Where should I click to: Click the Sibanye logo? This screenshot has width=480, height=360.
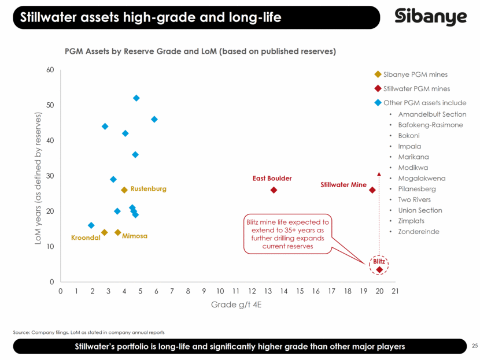pyautogui.click(x=430, y=17)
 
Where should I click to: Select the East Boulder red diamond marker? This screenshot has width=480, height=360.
pyautogui.click(x=274, y=190)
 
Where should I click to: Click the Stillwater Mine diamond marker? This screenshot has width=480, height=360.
pyautogui.click(x=372, y=190)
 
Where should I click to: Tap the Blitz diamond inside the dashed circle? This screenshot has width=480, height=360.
pyautogui.click(x=379, y=269)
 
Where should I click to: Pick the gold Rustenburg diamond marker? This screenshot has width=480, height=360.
pyautogui.click(x=124, y=190)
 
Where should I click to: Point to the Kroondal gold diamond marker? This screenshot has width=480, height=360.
pyautogui.click(x=105, y=232)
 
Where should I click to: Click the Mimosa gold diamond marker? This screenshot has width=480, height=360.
pyautogui.click(x=118, y=232)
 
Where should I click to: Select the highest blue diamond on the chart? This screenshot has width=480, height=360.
pyautogui.click(x=136, y=98)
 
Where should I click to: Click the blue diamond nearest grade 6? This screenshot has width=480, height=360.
pyautogui.click(x=154, y=119)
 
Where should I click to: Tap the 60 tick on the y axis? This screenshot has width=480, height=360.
pyautogui.click(x=50, y=70)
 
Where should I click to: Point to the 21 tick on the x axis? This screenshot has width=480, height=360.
pyautogui.click(x=395, y=291)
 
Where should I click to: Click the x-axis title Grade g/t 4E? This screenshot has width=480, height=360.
pyautogui.click(x=237, y=305)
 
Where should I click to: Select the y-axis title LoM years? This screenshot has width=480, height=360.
pyautogui.click(x=38, y=179)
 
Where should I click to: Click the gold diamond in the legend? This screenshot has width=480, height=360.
pyautogui.click(x=378, y=75)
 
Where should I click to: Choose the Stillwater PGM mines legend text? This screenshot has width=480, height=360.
pyautogui.click(x=416, y=89)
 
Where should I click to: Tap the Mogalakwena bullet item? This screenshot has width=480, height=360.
pyautogui.click(x=422, y=179)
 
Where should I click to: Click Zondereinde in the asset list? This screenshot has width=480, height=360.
pyautogui.click(x=419, y=232)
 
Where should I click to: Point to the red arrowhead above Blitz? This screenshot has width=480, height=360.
pyautogui.click(x=379, y=174)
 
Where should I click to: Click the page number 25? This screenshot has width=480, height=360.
pyautogui.click(x=474, y=346)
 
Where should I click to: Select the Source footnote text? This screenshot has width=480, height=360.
pyautogui.click(x=89, y=332)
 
